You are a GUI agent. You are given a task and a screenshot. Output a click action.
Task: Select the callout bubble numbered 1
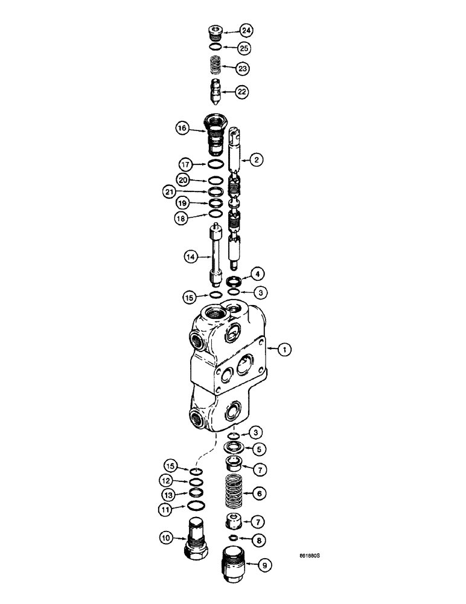(286, 349)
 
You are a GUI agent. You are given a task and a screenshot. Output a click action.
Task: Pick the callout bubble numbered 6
(258, 493)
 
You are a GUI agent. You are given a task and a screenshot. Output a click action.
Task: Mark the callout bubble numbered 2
(257, 159)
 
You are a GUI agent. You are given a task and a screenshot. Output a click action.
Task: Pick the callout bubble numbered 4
(258, 274)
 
